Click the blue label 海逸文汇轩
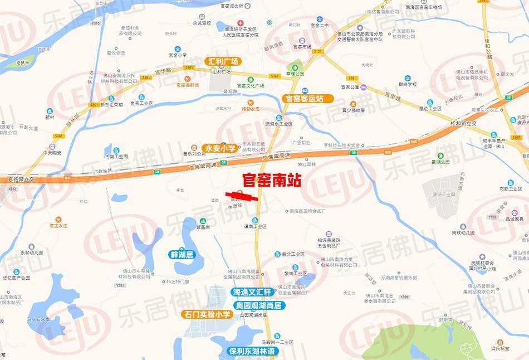point(251,292)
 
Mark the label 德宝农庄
point(58,225)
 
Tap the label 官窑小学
point(177,55)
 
